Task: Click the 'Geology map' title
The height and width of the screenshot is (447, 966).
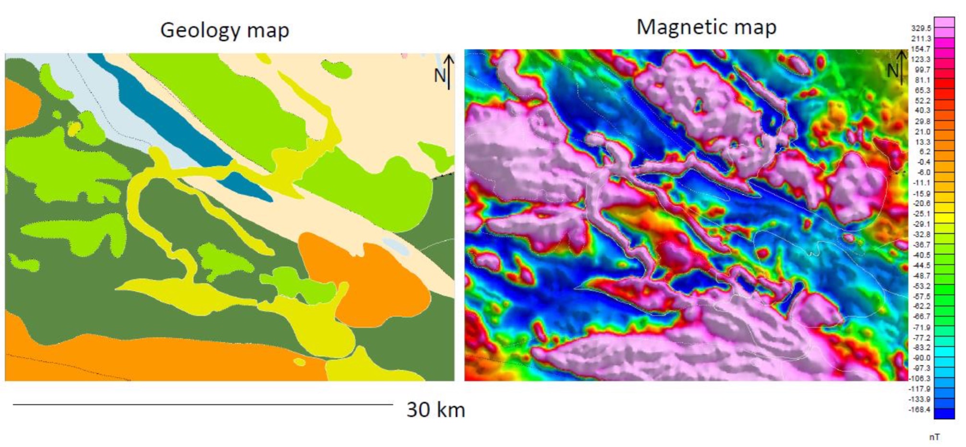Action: [x=225, y=30]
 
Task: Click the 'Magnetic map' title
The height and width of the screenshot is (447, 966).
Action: [x=706, y=27]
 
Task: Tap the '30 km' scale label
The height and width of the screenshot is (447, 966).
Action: [x=436, y=410]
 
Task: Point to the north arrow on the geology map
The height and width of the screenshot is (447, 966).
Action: [x=448, y=72]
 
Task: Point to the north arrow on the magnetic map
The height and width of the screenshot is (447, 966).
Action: [x=902, y=68]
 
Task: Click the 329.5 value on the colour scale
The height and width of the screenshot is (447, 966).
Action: [x=921, y=28]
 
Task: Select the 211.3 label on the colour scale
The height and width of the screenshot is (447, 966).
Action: [x=921, y=38]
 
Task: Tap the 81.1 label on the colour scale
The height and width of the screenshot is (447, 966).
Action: [x=922, y=80]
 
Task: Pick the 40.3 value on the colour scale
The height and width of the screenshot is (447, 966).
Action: [x=922, y=111]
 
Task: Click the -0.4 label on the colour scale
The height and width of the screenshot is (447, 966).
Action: [x=923, y=162]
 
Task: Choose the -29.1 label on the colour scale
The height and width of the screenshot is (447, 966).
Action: [x=921, y=224]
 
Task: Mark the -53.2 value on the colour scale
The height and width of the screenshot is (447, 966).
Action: [x=921, y=286]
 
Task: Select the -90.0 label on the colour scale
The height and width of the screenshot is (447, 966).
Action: [x=921, y=358]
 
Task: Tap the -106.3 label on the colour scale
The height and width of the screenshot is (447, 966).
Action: [x=919, y=378]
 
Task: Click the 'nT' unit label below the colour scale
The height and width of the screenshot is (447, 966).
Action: [x=934, y=437]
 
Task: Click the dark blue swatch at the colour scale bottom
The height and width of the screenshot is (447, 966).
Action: [x=944, y=413]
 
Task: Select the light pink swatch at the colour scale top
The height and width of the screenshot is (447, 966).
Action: [x=944, y=22]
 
